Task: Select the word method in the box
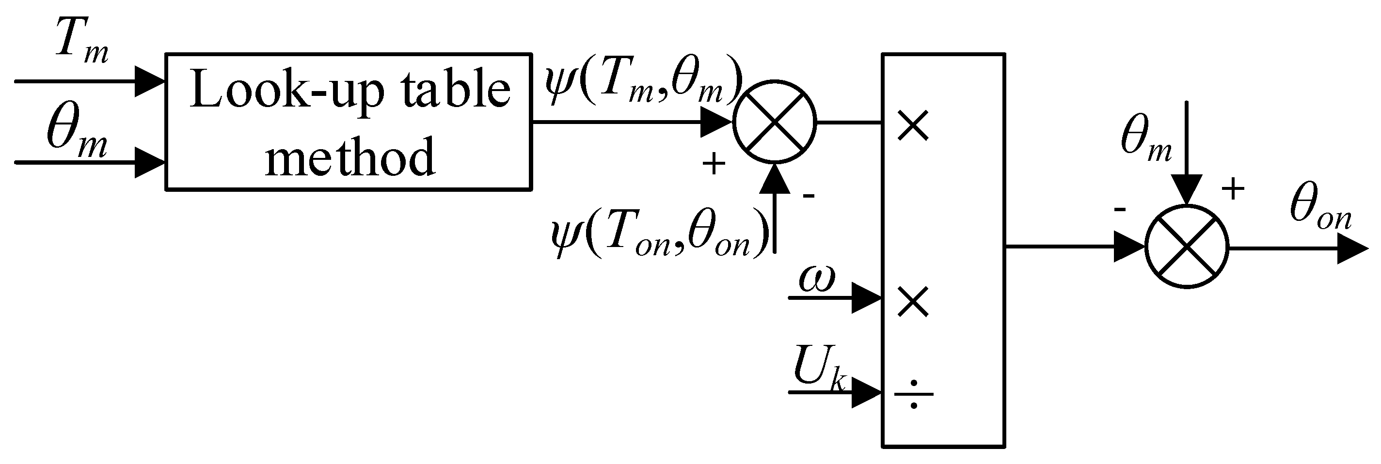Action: coord(349,156)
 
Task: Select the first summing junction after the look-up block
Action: coord(774,122)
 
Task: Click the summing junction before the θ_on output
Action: coord(1187,247)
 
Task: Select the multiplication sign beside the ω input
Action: coord(912,302)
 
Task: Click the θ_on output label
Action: coord(1320,211)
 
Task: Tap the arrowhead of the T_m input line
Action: coord(149,81)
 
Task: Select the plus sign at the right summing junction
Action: coord(1233,188)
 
